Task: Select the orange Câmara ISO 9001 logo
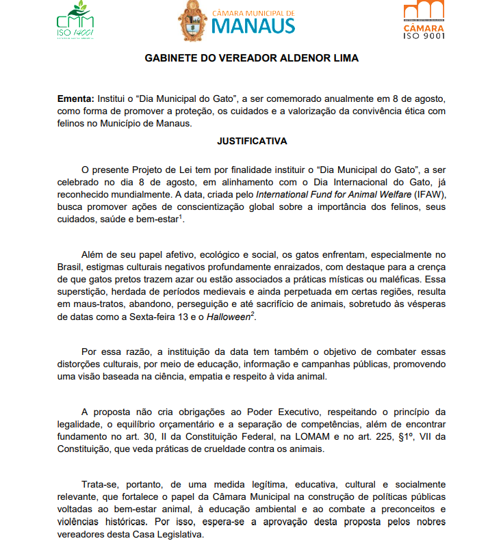pyautogui.click(x=424, y=21)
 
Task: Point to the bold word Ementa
pyautogui.click(x=75, y=99)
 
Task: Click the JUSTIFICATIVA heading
pyautogui.click(x=252, y=142)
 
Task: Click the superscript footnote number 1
pyautogui.click(x=180, y=217)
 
